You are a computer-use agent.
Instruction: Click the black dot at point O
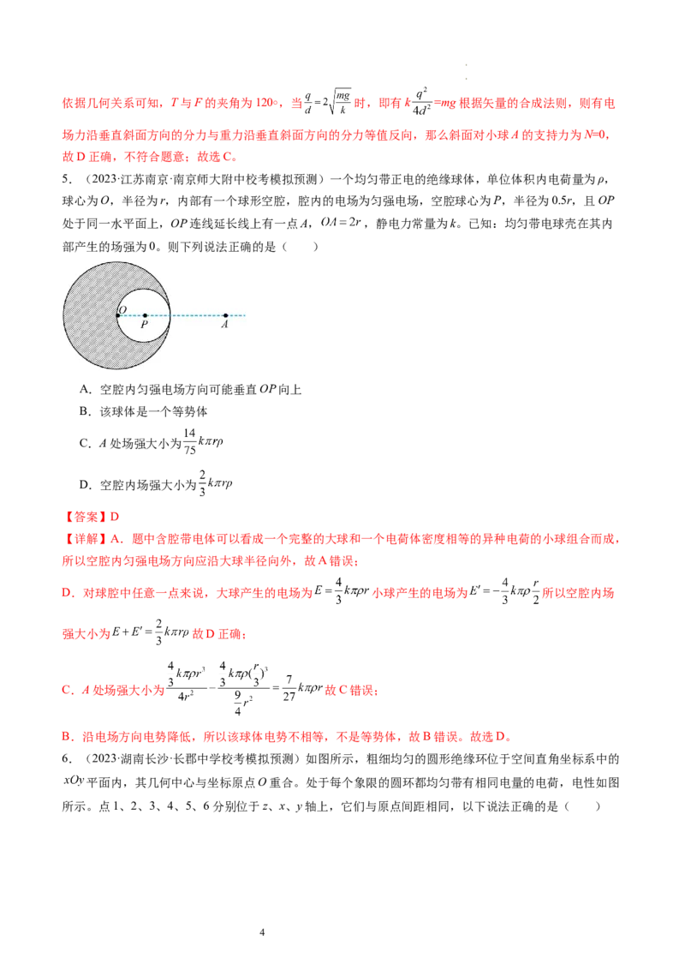(x=118, y=316)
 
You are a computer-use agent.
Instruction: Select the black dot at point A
(x=225, y=316)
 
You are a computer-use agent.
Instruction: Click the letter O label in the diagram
(x=122, y=308)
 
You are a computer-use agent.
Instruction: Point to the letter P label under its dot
(x=144, y=326)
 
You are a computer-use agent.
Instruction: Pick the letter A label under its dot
(x=224, y=326)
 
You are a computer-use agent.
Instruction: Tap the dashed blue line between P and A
(x=197, y=316)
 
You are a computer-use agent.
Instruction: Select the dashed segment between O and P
(x=131, y=316)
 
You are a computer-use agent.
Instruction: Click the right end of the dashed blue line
(x=245, y=316)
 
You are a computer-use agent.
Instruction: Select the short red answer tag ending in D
(x=94, y=516)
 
